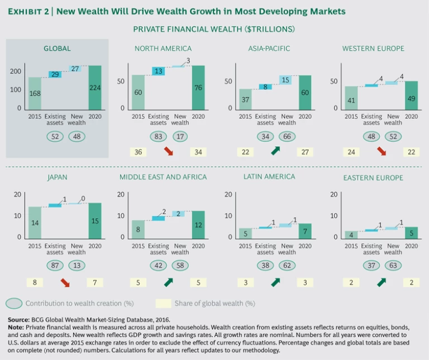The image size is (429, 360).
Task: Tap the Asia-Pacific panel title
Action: coord(269,49)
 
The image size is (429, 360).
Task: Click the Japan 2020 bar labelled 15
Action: coord(96,220)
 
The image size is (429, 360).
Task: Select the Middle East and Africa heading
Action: coord(163,177)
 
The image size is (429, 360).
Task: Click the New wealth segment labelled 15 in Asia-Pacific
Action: coord(286,80)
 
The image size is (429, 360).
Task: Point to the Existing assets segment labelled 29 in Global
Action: coord(54,74)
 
